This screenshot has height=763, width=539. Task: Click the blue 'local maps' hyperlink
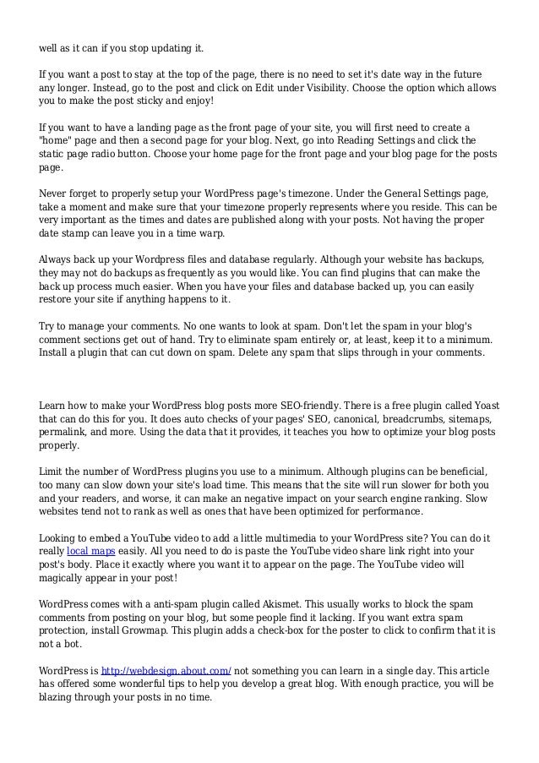point(90,548)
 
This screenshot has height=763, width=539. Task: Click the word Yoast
point(481,404)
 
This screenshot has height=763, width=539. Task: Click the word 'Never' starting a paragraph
point(56,192)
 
